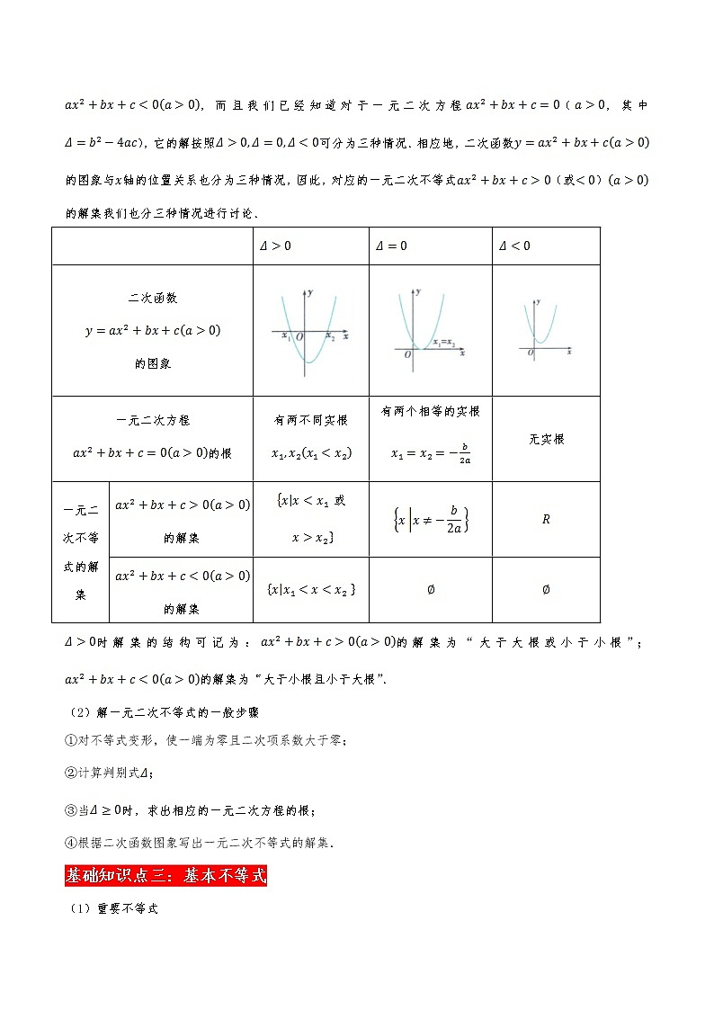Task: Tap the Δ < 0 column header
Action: (x=514, y=246)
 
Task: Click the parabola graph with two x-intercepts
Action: (x=309, y=328)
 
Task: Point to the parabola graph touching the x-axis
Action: (x=430, y=326)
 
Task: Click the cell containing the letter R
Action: (x=546, y=520)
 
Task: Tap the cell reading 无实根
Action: (x=546, y=440)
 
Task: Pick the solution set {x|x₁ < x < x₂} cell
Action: (x=311, y=589)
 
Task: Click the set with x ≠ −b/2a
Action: (x=431, y=520)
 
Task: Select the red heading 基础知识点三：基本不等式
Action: (x=165, y=875)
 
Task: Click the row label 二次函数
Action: (x=153, y=298)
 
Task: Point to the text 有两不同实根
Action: (x=311, y=420)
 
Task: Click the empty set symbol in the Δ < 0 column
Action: (x=546, y=590)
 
